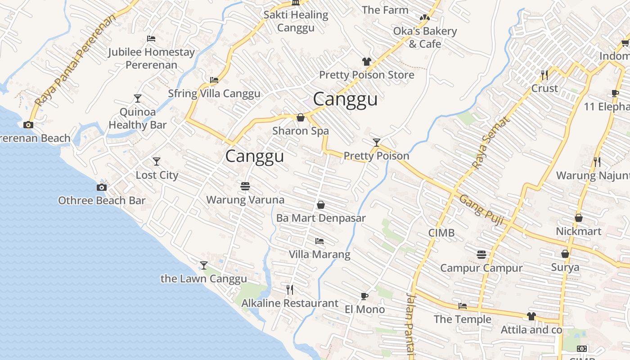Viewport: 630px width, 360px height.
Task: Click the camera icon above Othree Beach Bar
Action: coord(102,187)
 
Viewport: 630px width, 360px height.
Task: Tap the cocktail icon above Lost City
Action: coord(156,162)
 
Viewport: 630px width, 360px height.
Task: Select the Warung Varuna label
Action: coord(245,199)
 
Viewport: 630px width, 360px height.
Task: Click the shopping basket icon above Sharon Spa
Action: coord(300,117)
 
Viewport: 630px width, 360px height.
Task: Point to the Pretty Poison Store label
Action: coord(366,75)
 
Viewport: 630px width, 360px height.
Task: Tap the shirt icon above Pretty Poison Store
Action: coord(366,62)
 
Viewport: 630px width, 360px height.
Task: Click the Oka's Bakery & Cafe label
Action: coord(425,37)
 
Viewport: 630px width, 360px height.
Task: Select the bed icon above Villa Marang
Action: coord(319,241)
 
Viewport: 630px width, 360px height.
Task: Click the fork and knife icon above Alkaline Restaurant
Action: coord(290,289)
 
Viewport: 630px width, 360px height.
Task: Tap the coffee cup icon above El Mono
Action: coord(364,296)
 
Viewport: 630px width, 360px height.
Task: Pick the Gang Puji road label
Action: coord(481,209)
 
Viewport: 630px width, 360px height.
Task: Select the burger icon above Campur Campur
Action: coord(481,255)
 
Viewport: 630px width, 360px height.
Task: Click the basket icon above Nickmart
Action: coord(579,218)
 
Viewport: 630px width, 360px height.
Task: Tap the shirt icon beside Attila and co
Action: coord(531,316)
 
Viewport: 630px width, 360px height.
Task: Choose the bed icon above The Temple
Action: coord(462,306)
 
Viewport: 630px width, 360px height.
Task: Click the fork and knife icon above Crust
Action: coord(544,75)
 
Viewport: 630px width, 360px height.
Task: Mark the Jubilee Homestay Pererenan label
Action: coord(151,58)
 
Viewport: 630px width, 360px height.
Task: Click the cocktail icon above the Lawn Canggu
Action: coord(204,265)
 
